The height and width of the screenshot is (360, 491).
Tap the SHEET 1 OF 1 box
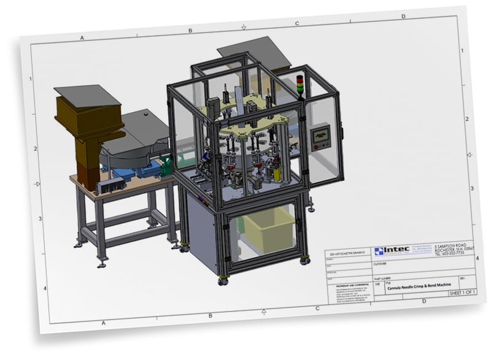463,293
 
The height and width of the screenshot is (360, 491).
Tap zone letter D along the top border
403,17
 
